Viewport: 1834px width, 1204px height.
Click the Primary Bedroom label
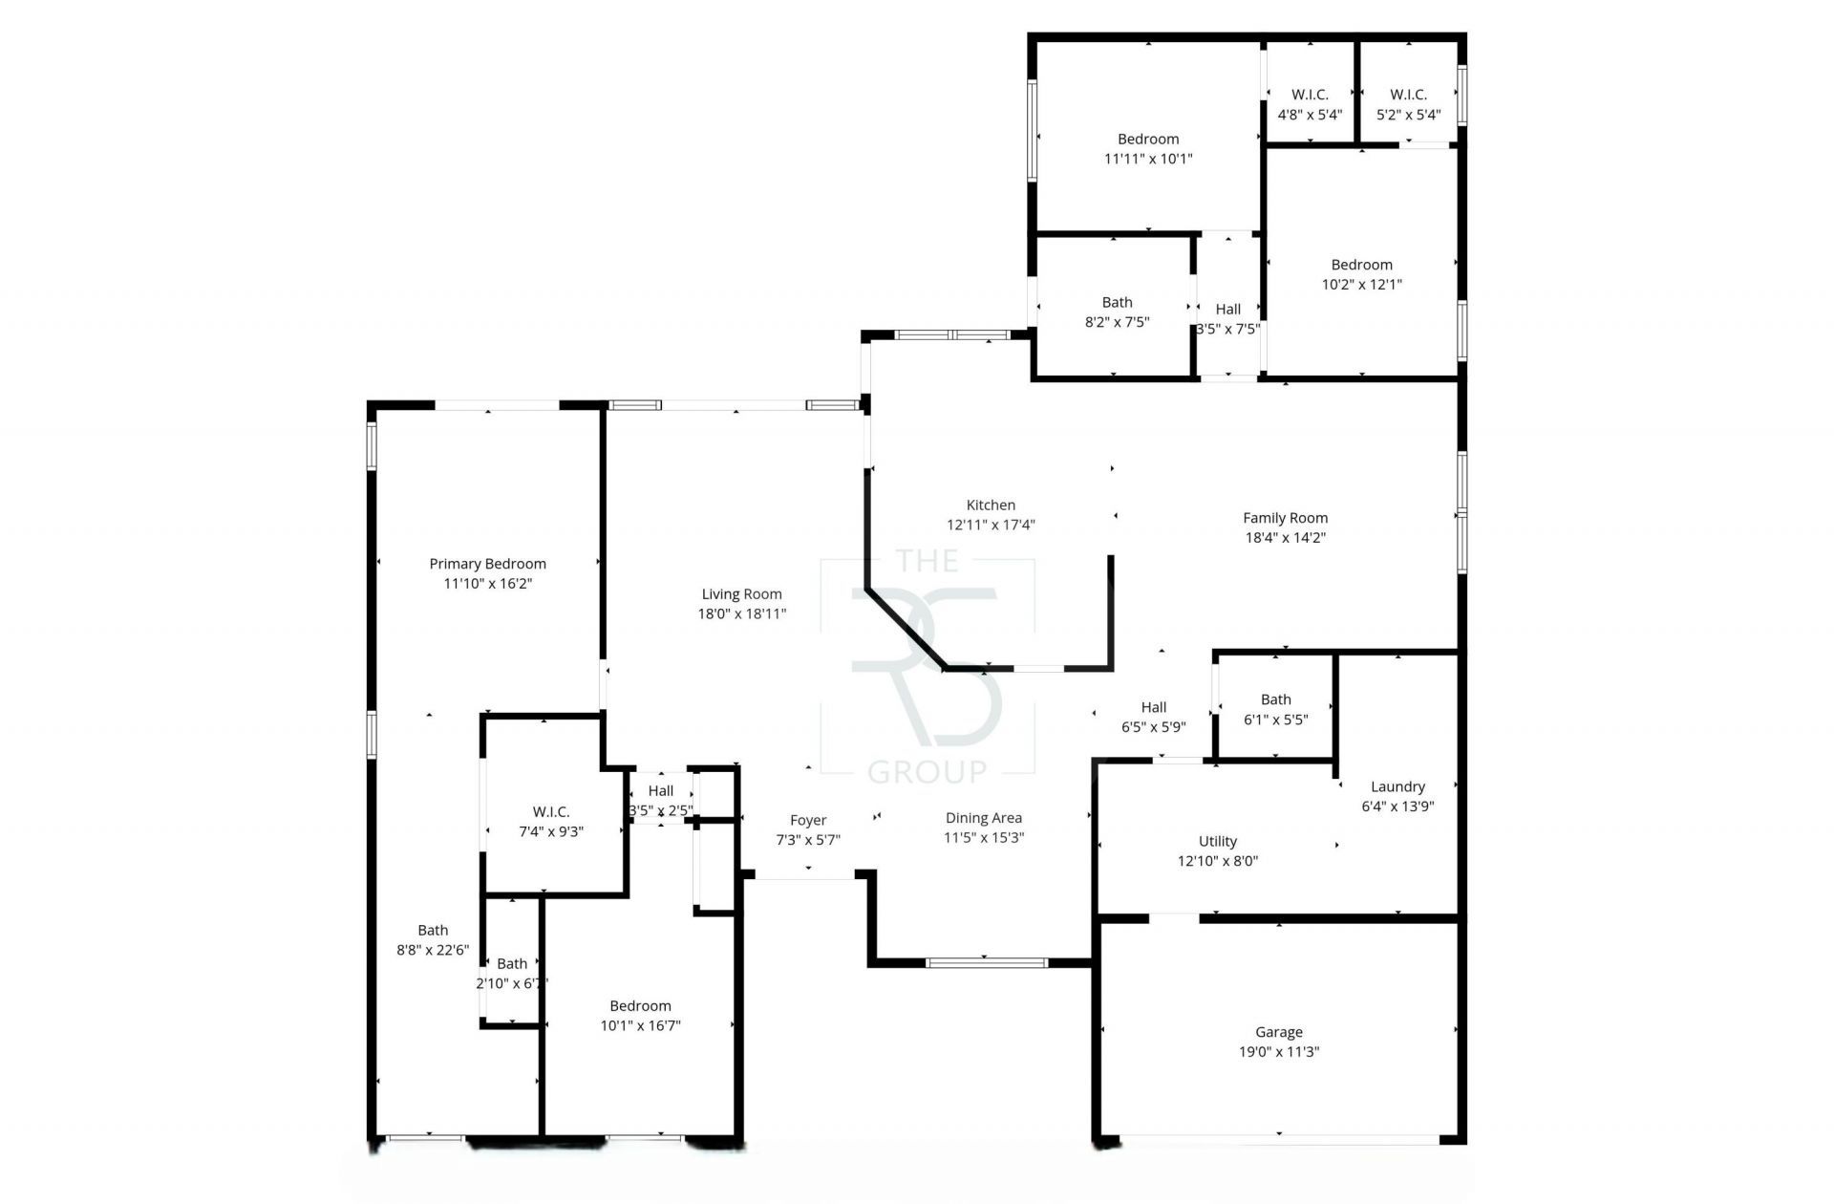(x=487, y=564)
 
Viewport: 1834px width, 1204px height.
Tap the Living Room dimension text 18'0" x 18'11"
(x=741, y=613)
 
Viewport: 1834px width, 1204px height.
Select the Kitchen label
(x=991, y=505)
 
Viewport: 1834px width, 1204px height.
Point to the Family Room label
(x=1285, y=518)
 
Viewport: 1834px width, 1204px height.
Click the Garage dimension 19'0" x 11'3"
(x=1278, y=1051)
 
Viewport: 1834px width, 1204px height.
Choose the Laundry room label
(x=1397, y=786)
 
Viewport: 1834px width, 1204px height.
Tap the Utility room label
(x=1217, y=841)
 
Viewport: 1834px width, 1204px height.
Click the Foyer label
(x=808, y=820)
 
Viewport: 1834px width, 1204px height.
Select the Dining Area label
(x=983, y=817)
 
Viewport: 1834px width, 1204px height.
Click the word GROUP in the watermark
(x=927, y=770)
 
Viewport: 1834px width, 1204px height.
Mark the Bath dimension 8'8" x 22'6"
(x=433, y=950)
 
